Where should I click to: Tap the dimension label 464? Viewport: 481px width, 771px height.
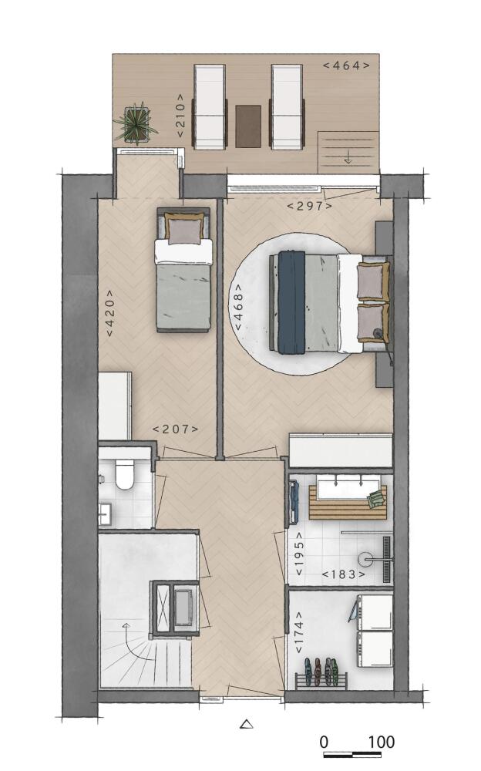(346, 66)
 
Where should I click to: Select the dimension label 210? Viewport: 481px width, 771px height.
(180, 116)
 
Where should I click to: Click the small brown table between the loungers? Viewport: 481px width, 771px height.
(248, 126)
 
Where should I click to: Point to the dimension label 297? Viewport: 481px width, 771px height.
(309, 206)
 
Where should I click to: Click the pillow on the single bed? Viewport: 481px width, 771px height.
(184, 229)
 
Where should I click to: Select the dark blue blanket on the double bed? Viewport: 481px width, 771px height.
(291, 302)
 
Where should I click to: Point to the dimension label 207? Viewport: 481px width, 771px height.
(176, 429)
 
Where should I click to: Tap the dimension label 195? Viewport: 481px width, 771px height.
(298, 554)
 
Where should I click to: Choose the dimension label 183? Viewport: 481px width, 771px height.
(344, 574)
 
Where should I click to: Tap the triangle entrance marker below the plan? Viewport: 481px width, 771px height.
(247, 724)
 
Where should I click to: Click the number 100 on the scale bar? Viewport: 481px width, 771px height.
(381, 742)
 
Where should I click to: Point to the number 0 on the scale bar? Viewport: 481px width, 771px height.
(324, 742)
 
